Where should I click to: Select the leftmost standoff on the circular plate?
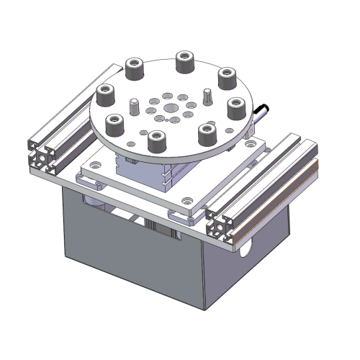point(106,94)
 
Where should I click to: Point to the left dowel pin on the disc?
point(134,107)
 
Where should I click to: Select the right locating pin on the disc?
point(207,96)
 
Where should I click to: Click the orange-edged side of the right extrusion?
point(277,194)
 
